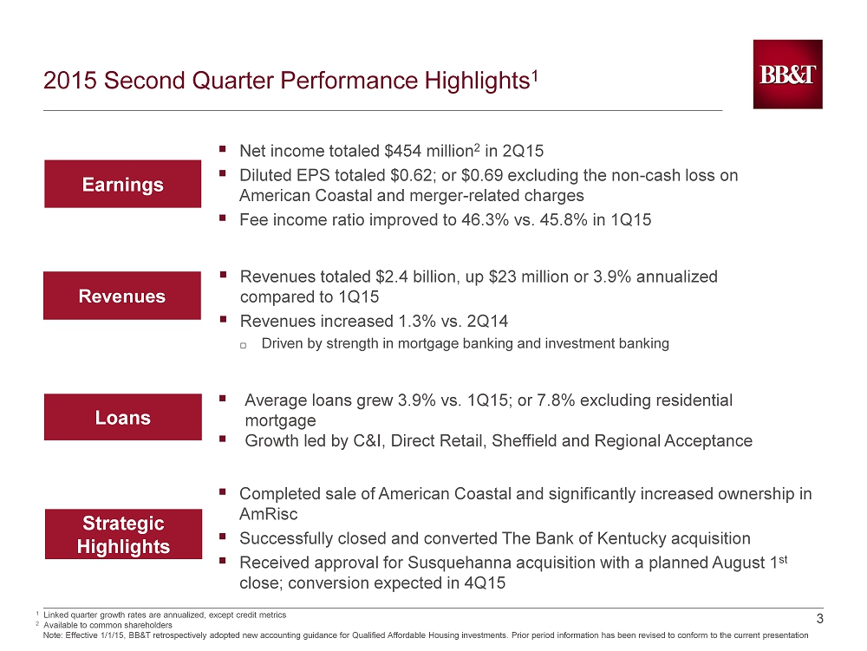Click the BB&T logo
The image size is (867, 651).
coord(787,74)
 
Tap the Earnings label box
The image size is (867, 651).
coord(123,184)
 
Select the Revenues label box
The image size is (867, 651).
coord(122,296)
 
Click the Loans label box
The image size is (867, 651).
coord(123,417)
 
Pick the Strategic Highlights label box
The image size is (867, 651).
coord(123,534)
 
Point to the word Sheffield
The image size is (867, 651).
coord(525,441)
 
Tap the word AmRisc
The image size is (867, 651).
coord(268,514)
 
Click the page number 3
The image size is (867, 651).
coord(819,619)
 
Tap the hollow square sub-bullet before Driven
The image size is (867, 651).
coord(243,345)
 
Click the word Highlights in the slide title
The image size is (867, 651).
coord(477,81)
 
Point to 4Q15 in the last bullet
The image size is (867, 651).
coord(485,583)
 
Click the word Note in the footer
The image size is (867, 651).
coord(53,635)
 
